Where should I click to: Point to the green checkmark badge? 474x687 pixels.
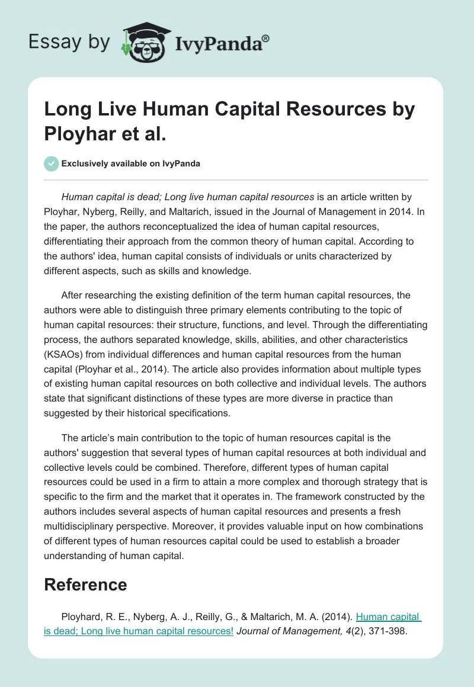click(51, 163)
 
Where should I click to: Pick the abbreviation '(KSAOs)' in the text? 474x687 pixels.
click(65, 354)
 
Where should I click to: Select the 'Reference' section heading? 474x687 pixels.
click(85, 585)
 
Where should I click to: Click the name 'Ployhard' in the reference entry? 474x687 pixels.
click(80, 618)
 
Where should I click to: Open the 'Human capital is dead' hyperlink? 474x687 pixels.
click(387, 618)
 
